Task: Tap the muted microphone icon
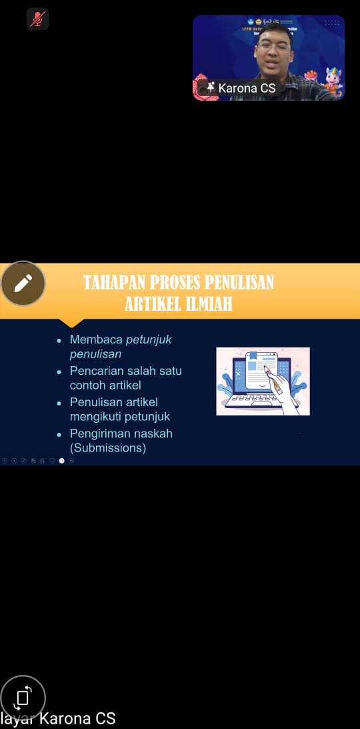pos(38,19)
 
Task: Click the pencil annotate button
pos(23,283)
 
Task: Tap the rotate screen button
pos(23,698)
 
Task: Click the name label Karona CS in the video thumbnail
pos(247,88)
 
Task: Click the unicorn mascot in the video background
pos(333,79)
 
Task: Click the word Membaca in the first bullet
pos(96,339)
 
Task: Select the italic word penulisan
pos(95,354)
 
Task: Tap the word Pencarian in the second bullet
pos(97,371)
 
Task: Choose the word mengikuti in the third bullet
pos(98,417)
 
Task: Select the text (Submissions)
pos(108,448)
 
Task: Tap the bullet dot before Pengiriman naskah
pos(59,434)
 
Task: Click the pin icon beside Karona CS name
pos(211,87)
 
